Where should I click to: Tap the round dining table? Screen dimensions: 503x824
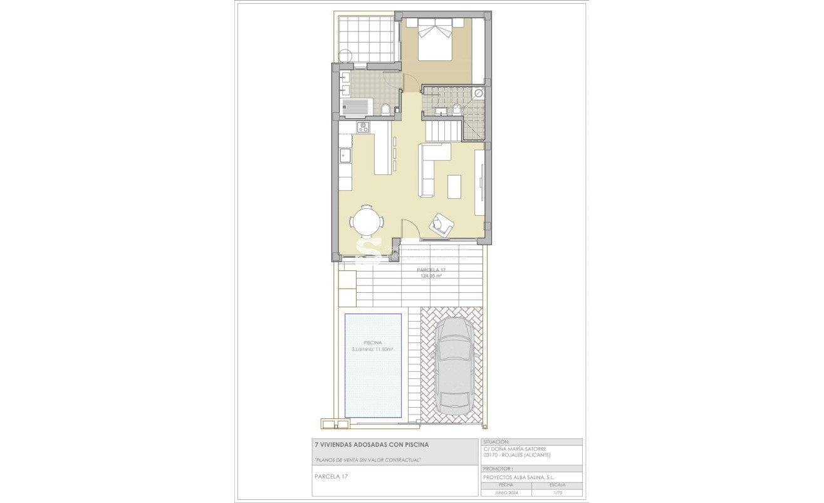366,221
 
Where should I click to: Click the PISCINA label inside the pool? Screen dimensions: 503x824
373,343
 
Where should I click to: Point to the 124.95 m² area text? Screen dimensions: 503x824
431,276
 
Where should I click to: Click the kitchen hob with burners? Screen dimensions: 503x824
363,127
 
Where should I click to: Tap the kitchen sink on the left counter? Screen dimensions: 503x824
344,154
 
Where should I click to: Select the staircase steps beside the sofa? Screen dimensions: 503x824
444,132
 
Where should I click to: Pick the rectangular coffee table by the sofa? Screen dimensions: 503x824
456,186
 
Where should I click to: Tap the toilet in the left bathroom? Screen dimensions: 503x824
387,111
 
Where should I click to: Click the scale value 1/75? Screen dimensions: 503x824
556,492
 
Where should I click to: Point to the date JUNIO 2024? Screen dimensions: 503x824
506,492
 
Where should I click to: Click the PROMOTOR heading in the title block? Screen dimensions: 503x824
498,469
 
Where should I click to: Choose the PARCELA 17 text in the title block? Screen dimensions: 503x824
331,477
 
